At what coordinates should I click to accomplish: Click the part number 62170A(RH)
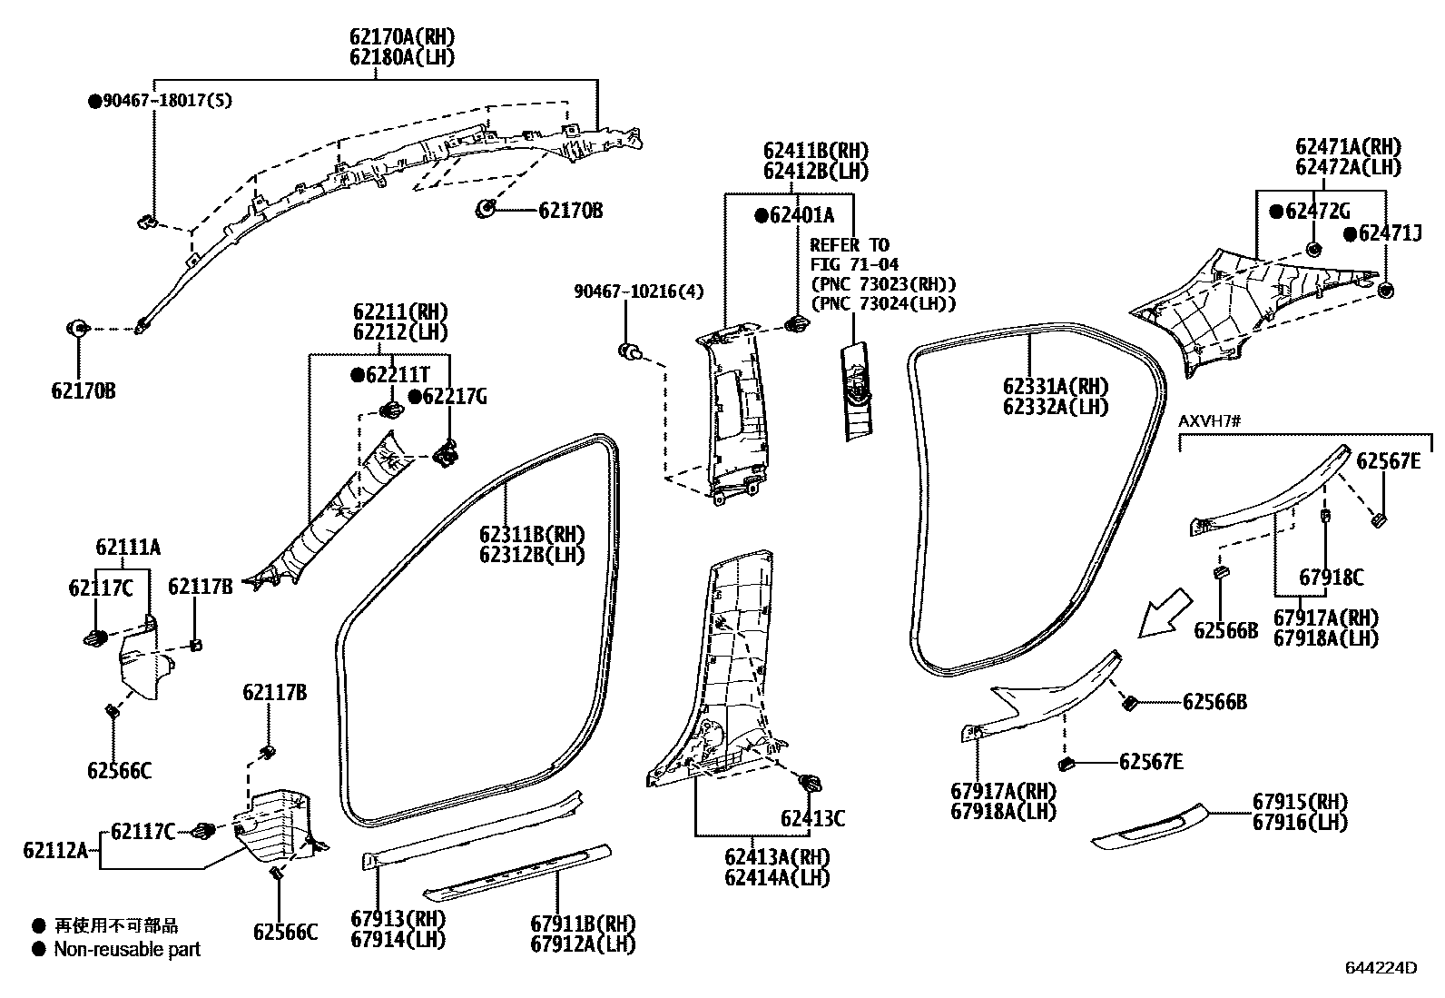click(x=401, y=37)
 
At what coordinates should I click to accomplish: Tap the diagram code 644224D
click(x=1380, y=968)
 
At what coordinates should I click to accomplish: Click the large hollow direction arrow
click(x=1165, y=613)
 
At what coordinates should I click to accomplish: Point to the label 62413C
click(x=812, y=819)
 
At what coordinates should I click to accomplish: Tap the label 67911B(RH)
click(x=583, y=924)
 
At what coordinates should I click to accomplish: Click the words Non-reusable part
click(x=127, y=950)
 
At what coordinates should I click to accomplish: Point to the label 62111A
click(x=128, y=547)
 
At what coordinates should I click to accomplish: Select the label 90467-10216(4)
click(x=638, y=291)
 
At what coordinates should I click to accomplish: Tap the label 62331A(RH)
click(x=1056, y=387)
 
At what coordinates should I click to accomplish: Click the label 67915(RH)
click(x=1300, y=802)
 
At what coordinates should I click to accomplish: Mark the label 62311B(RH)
click(x=532, y=534)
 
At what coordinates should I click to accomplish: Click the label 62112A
click(x=55, y=851)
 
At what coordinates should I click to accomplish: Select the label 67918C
click(x=1331, y=577)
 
